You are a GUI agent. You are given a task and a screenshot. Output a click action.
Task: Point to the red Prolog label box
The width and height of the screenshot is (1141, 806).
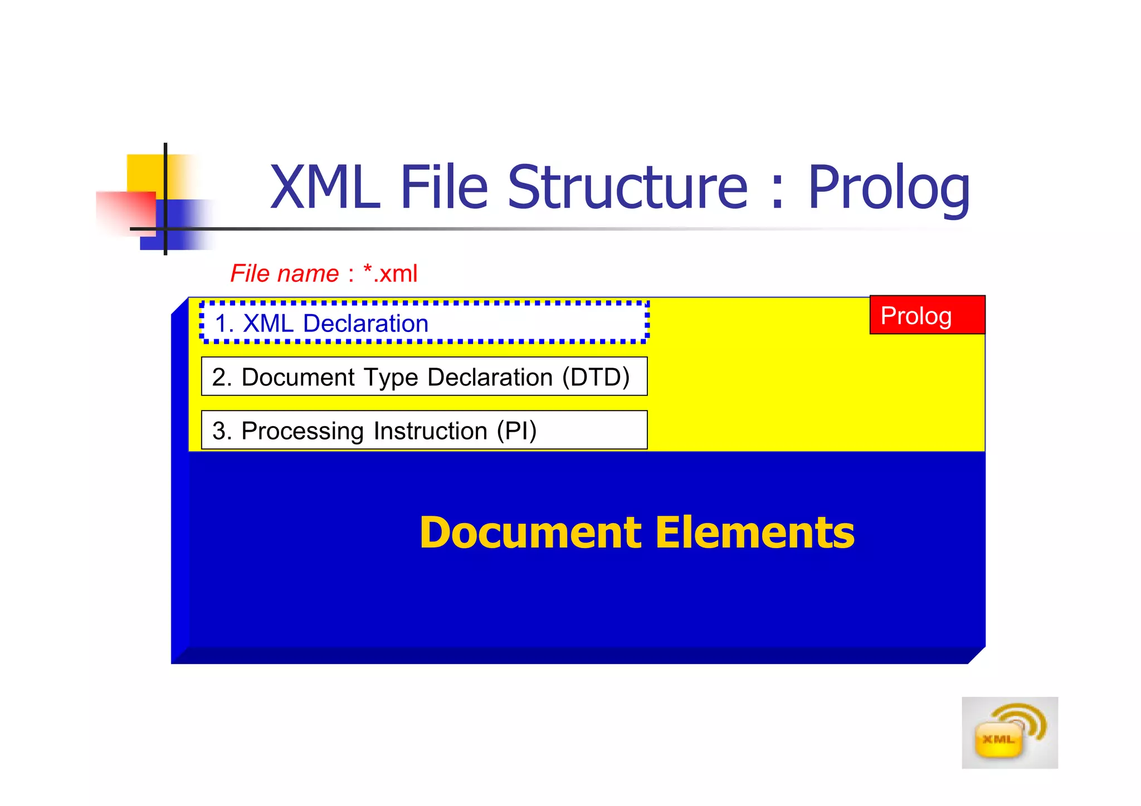pos(927,315)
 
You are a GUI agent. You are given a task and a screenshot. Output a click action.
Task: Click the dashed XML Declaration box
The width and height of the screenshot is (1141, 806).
pos(425,323)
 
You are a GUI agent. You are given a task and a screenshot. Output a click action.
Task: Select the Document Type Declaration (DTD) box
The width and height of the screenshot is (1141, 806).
pos(425,377)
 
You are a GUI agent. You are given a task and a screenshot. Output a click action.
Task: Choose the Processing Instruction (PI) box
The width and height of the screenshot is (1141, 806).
pos(425,430)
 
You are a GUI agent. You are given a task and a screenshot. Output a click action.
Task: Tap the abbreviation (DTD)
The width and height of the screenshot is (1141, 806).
pos(596,377)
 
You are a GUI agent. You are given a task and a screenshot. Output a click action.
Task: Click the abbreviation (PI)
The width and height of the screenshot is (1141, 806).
pos(516,431)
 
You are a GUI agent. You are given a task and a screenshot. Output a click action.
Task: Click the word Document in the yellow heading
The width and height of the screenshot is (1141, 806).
pos(530,533)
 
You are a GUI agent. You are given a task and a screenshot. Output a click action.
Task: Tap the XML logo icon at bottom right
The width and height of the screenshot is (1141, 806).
pos(1009,733)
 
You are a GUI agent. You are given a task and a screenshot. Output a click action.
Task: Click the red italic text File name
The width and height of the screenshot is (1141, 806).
pos(284,273)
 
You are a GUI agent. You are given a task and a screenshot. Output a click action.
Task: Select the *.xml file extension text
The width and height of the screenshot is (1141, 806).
pos(390,273)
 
